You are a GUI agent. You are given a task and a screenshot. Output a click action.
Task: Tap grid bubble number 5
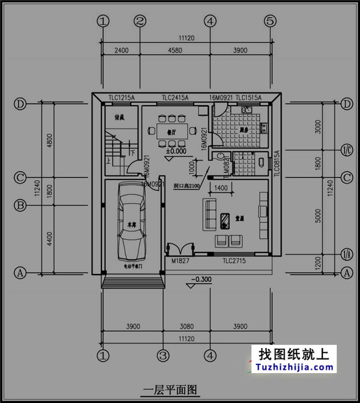270,21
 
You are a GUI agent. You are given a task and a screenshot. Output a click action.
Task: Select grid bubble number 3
162,354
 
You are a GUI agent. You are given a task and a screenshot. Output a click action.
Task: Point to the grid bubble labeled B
20,205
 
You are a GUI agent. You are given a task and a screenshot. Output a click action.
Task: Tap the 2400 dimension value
121,50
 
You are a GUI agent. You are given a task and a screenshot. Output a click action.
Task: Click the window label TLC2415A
175,98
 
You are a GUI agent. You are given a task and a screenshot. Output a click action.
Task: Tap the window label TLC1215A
121,98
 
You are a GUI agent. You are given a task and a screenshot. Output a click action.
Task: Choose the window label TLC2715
234,260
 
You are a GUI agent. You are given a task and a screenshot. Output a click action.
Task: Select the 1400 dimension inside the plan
220,189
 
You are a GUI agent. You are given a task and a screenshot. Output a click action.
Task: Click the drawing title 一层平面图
169,390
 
